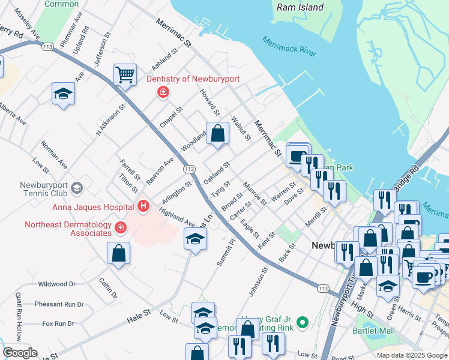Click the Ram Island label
[x=300, y=8]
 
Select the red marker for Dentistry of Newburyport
[x=162, y=92]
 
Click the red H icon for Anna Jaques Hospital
[x=143, y=207]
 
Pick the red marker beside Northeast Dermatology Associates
[x=121, y=227]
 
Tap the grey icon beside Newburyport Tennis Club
[x=76, y=189]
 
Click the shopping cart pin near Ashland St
[x=125, y=76]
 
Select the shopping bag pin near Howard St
[x=217, y=134]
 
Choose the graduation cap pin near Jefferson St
[x=62, y=94]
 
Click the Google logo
[x=20, y=353]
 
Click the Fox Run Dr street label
[x=58, y=324]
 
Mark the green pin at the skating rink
[x=303, y=322]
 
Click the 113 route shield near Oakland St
[x=188, y=170]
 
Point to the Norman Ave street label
[x=53, y=155]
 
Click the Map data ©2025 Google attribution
[x=412, y=355]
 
